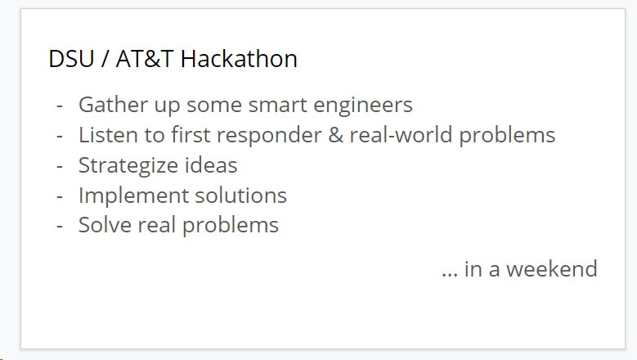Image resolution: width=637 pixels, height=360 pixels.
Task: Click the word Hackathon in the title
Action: [239, 59]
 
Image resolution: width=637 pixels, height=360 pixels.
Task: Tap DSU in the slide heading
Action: [71, 59]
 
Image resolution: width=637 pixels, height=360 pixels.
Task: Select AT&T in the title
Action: [145, 59]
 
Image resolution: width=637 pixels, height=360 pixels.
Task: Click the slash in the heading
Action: [105, 59]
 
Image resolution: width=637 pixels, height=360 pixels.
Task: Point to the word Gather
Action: [113, 105]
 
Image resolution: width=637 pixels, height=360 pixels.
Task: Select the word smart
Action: [277, 106]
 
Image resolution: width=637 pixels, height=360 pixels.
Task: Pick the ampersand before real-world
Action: [335, 135]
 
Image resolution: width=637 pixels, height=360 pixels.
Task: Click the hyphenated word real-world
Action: [401, 135]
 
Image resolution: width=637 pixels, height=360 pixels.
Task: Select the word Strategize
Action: [128, 166]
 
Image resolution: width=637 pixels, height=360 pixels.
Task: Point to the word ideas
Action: [211, 165]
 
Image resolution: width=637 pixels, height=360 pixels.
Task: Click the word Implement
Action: [132, 196]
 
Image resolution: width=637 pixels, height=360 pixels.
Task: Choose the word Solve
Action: [105, 225]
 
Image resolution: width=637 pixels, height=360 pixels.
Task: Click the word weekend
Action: [551, 269]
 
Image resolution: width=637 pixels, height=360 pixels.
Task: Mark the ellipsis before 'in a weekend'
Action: [449, 276]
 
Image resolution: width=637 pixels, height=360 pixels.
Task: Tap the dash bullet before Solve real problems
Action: [60, 227]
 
